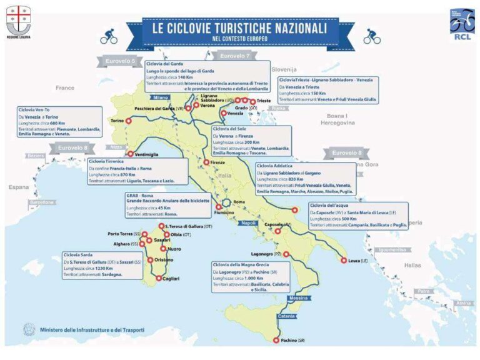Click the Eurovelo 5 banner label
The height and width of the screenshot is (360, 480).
click(121, 61)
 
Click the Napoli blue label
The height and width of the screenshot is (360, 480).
click(249, 223)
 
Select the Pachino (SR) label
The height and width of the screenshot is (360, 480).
click(292, 340)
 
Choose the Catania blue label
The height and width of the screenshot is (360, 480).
click(287, 315)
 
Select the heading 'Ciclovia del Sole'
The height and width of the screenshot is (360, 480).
click(228, 129)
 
